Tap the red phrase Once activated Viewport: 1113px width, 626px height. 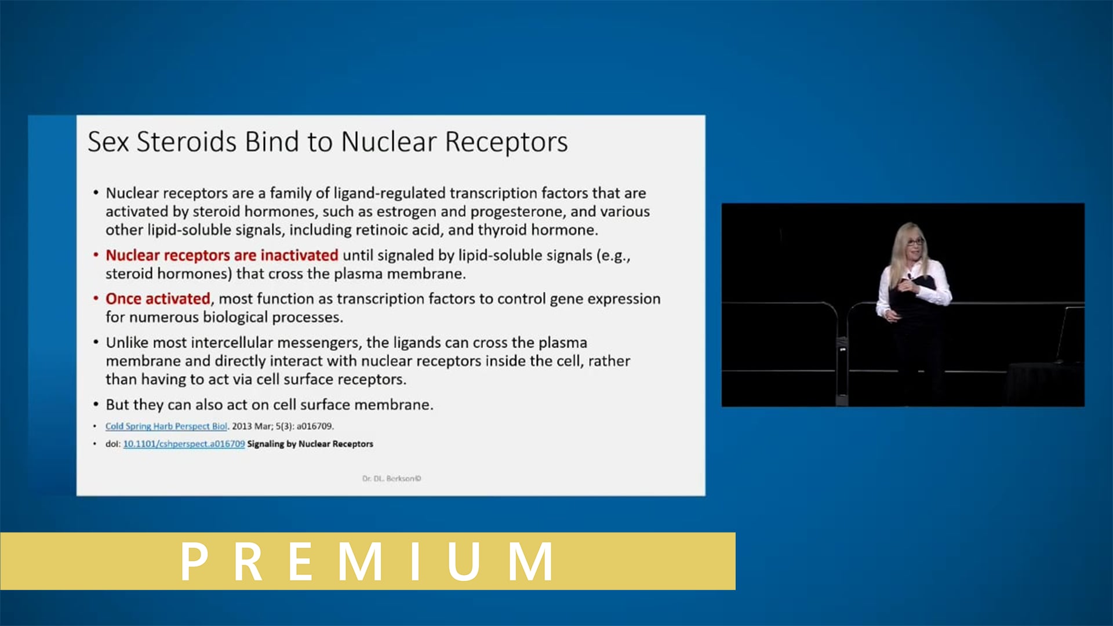pos(158,299)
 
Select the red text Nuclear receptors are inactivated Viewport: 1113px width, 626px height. pos(221,255)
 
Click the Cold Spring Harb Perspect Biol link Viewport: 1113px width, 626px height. pos(166,426)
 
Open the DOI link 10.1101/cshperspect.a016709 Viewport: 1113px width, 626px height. pos(184,444)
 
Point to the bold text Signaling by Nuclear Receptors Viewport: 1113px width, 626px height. pos(310,444)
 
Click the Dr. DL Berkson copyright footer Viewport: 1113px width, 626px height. pos(391,478)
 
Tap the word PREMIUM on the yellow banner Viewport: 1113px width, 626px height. pos(368,561)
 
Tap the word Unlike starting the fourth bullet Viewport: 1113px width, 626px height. pos(126,343)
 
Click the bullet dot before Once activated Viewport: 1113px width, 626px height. pos(96,299)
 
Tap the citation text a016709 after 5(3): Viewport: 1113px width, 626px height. pos(315,426)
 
